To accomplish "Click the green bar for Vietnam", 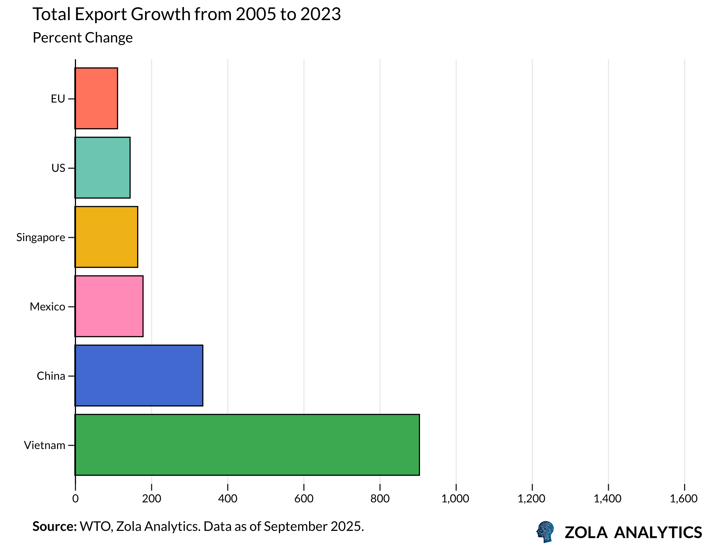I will point(247,445).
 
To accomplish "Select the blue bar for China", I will point(139,376).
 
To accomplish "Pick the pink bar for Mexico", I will point(109,306).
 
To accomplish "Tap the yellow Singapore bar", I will point(106,237).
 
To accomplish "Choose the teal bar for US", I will point(102,168).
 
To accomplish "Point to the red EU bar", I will point(96,98).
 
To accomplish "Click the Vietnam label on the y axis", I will point(45,445).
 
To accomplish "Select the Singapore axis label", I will point(41,237).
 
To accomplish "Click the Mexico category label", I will point(48,307).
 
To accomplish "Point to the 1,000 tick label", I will point(455,498).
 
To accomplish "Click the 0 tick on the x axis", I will point(75,498).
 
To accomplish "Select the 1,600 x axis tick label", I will point(683,498).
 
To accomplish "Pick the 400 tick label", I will point(227,498).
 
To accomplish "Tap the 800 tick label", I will point(380,498).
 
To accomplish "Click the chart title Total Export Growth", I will point(186,14).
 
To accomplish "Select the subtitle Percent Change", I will point(82,37).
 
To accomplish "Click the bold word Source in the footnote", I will point(54,526).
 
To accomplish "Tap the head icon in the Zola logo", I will point(545,532).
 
